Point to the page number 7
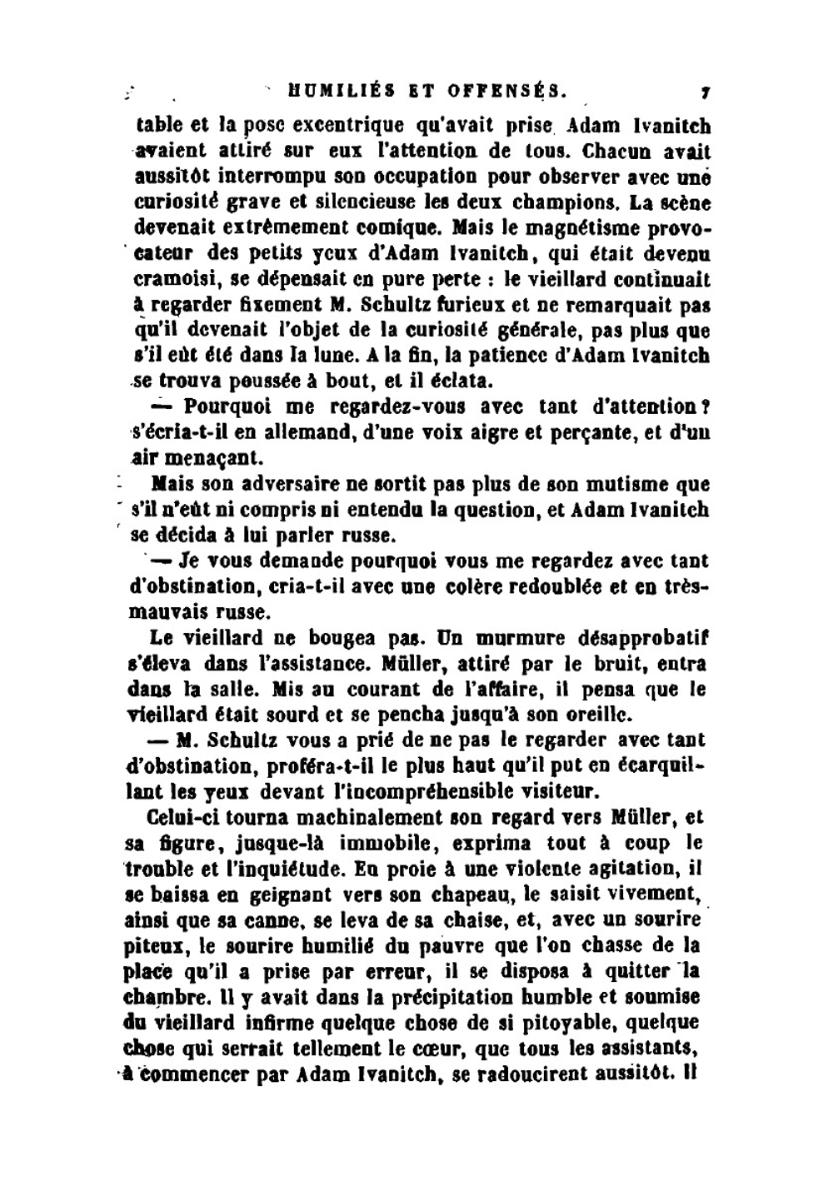(705, 89)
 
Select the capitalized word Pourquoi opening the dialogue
(231, 407)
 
